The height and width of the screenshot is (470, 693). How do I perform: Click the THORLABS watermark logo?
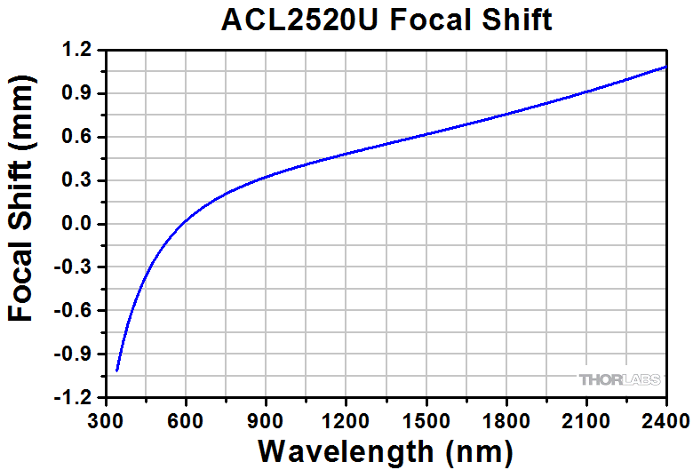click(620, 379)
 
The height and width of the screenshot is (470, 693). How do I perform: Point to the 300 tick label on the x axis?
click(106, 418)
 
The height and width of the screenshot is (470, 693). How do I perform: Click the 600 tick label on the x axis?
click(186, 418)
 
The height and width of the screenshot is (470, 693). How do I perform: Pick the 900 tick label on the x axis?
click(266, 418)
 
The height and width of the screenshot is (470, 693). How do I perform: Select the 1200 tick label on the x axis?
click(346, 418)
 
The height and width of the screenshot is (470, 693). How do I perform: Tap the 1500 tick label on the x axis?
click(426, 418)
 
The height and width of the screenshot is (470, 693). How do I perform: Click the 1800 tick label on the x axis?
click(506, 418)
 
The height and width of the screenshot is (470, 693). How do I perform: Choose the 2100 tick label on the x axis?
click(585, 418)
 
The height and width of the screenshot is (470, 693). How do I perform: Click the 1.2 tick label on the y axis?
click(81, 51)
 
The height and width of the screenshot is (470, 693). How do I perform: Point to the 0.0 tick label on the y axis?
click(81, 224)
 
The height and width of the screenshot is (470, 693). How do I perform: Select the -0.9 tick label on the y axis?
click(77, 354)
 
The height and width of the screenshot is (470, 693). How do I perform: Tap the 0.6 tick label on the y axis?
click(81, 138)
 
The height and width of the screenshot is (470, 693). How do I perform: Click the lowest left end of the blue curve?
click(117, 370)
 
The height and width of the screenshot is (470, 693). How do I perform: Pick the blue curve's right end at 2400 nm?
click(665, 67)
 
